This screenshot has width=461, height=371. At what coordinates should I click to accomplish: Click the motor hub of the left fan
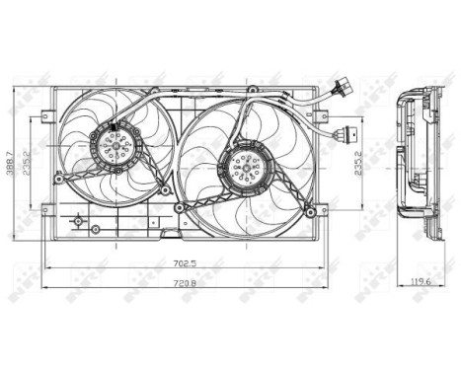click(x=117, y=148)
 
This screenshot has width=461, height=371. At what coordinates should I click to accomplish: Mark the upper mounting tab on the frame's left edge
click(x=46, y=116)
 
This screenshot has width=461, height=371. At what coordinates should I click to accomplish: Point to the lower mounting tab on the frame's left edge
click(x=46, y=208)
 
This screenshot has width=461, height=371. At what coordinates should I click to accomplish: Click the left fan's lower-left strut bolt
click(x=62, y=178)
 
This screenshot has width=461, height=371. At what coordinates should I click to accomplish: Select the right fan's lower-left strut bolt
click(x=183, y=203)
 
